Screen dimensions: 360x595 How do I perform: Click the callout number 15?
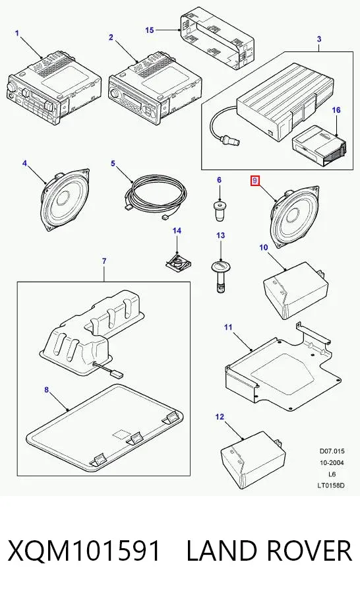click(x=150, y=30)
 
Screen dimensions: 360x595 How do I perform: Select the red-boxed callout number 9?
click(x=255, y=181)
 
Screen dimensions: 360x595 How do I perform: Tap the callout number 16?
click(x=336, y=110)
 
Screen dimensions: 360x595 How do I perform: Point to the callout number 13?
click(x=220, y=235)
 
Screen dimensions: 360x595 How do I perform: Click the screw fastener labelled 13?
click(x=220, y=276)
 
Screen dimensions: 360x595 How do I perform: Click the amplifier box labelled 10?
click(x=295, y=290)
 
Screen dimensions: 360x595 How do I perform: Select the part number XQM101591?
click(x=84, y=551)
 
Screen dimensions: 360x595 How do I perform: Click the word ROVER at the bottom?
click(x=301, y=551)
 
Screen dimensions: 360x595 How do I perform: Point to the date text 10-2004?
click(x=331, y=462)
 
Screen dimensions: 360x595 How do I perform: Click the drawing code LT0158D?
click(x=331, y=485)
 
